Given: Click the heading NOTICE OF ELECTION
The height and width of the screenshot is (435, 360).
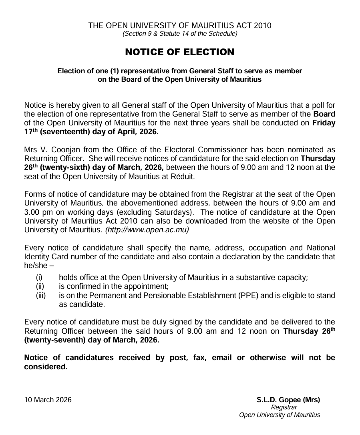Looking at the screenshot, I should click(180, 52).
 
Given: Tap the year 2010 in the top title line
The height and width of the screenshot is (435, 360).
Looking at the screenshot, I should click(262, 26).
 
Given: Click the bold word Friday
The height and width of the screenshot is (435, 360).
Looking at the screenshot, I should click(324, 123).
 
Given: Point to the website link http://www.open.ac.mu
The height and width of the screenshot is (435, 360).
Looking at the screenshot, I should click(147, 230).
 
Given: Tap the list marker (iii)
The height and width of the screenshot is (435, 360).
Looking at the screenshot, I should click(41, 296).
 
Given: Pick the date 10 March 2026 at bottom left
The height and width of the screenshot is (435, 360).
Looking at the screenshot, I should click(48, 400).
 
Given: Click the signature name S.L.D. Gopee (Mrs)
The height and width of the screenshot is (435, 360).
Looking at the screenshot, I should click(288, 400).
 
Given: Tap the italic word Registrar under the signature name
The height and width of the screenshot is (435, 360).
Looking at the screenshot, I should click(284, 407).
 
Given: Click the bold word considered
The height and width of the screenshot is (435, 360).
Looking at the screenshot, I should click(46, 367).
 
